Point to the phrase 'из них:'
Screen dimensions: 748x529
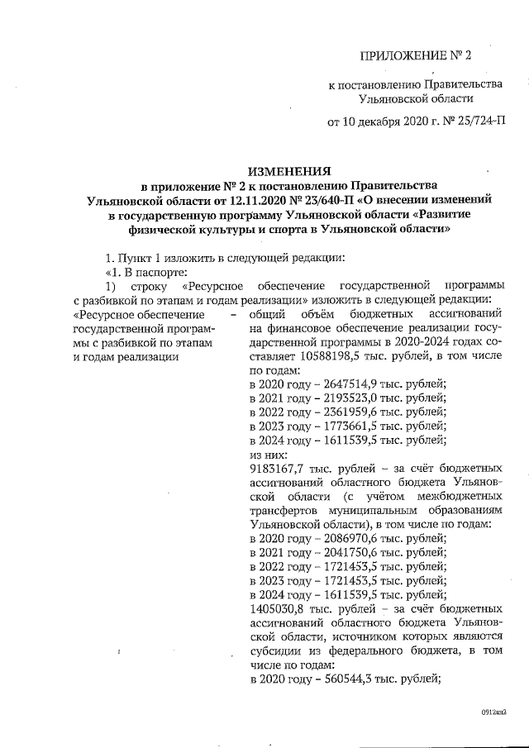(x=268, y=454)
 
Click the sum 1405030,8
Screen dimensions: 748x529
(x=279, y=607)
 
